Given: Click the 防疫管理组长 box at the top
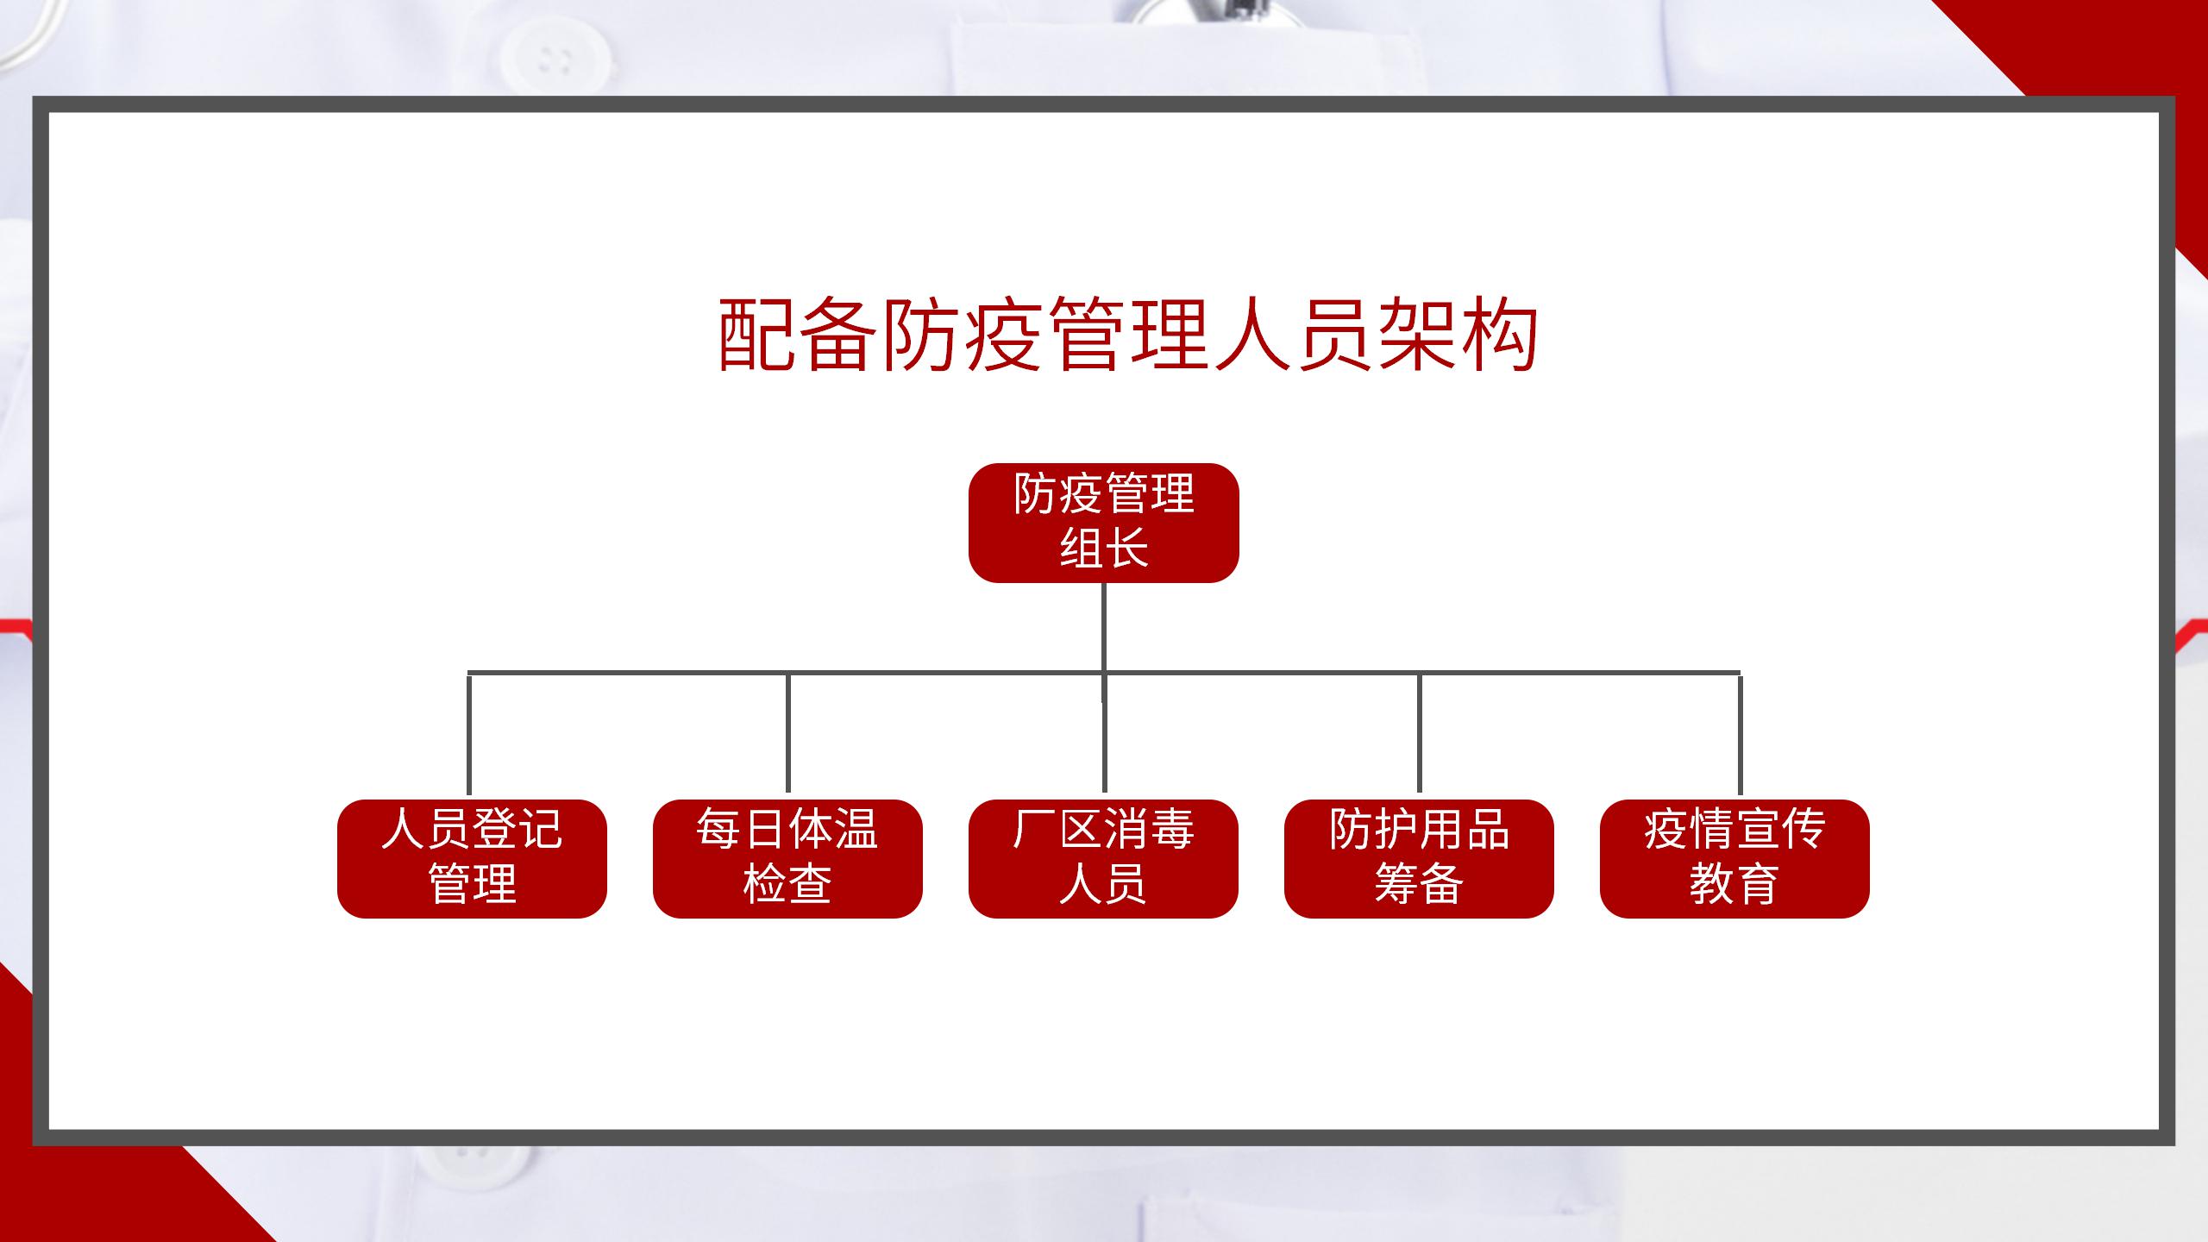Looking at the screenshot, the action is (1103, 523).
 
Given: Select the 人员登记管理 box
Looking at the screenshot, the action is (472, 858).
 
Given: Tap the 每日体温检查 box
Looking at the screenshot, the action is (787, 858).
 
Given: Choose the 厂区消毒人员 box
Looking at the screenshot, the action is (1103, 858).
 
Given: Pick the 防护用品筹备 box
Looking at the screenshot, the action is (1419, 858).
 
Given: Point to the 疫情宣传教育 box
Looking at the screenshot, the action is (1734, 858).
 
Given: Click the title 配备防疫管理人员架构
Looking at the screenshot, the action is (1128, 335).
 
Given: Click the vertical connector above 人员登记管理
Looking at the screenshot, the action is (469, 734).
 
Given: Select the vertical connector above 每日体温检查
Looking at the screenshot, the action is (788, 733).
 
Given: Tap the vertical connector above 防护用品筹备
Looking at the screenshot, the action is (1420, 733).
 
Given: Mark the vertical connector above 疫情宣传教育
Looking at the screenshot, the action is (1740, 734).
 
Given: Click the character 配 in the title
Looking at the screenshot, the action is (756, 335).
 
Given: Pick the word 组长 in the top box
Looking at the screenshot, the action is (1104, 549).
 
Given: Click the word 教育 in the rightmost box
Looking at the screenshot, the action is (1734, 885).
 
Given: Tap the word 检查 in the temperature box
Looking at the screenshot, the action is (787, 885).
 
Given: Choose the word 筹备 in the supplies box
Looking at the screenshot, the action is (1419, 885).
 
